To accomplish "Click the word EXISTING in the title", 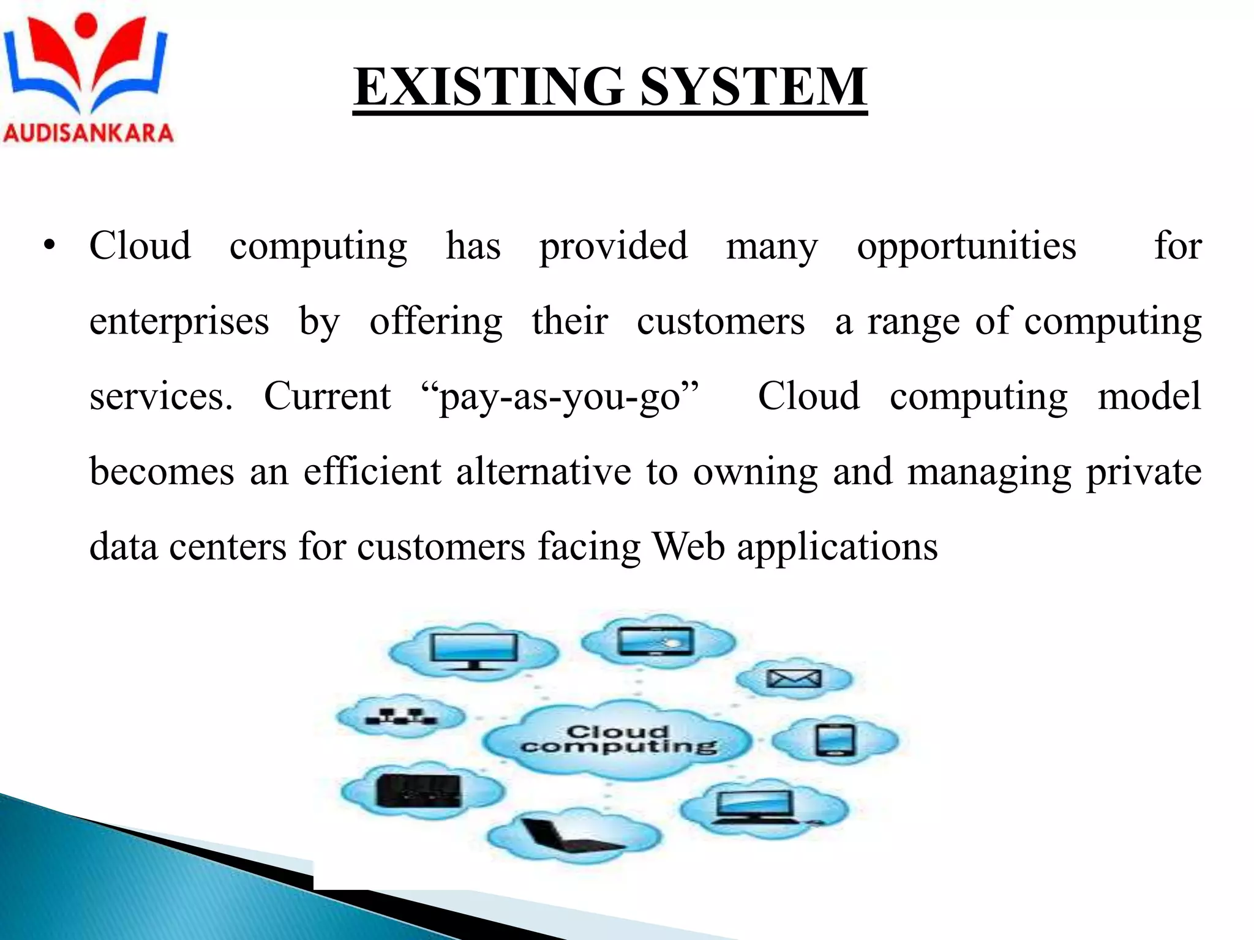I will tap(489, 87).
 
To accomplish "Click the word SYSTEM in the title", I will tap(753, 87).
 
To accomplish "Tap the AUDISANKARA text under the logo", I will tap(88, 133).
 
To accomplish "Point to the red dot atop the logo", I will tap(86, 24).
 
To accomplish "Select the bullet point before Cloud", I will tap(50, 246).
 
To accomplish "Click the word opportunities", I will tap(966, 246).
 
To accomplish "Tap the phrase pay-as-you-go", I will tap(560, 397).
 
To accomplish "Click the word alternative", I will tap(543, 472).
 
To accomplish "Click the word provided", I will tap(613, 246).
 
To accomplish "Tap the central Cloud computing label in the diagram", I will tap(618, 739).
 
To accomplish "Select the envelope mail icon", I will tap(794, 678).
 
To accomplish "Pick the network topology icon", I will tap(401, 716).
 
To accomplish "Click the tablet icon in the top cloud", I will tap(656, 641).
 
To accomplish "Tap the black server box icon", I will tap(418, 790).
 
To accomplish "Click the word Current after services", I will tap(327, 397).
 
